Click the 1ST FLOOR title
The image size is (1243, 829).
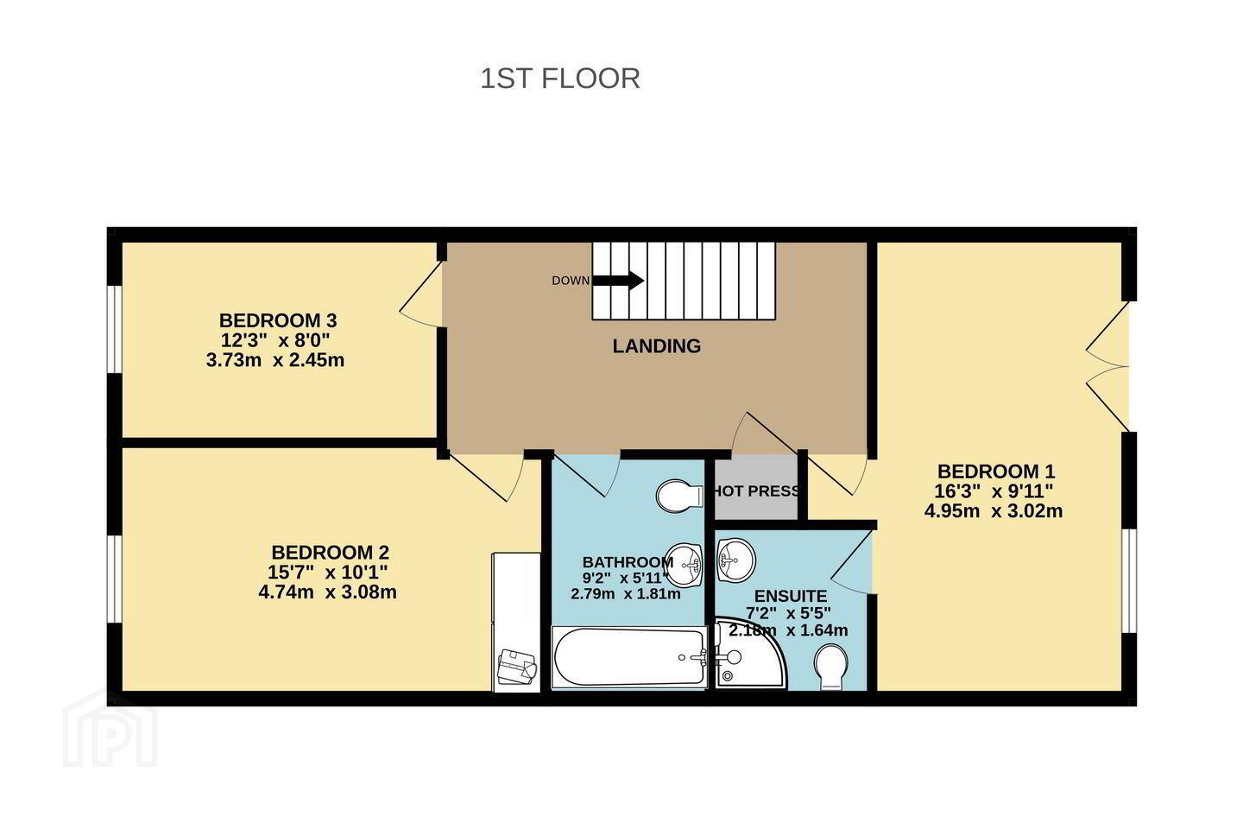pyautogui.click(x=560, y=79)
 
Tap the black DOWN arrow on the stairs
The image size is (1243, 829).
pyautogui.click(x=618, y=281)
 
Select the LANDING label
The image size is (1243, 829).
pyautogui.click(x=656, y=346)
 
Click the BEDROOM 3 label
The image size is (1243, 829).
pyautogui.click(x=278, y=320)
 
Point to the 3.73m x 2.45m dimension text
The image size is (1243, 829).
pyautogui.click(x=275, y=360)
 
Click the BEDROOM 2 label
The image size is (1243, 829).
pyautogui.click(x=330, y=553)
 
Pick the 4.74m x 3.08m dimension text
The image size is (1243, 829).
pyautogui.click(x=327, y=592)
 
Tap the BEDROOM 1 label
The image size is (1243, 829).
pyautogui.click(x=996, y=471)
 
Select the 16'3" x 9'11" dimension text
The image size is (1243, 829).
pyautogui.click(x=994, y=490)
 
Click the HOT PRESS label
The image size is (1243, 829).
pyautogui.click(x=757, y=490)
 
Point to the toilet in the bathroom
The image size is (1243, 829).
pyautogui.click(x=679, y=496)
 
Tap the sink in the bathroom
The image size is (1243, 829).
pyautogui.click(x=685, y=565)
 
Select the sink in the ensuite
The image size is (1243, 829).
pyautogui.click(x=735, y=560)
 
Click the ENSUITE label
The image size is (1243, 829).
pyautogui.click(x=791, y=597)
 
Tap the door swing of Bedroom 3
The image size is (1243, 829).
pyautogui.click(x=420, y=294)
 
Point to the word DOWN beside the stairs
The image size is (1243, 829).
pyautogui.click(x=571, y=281)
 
